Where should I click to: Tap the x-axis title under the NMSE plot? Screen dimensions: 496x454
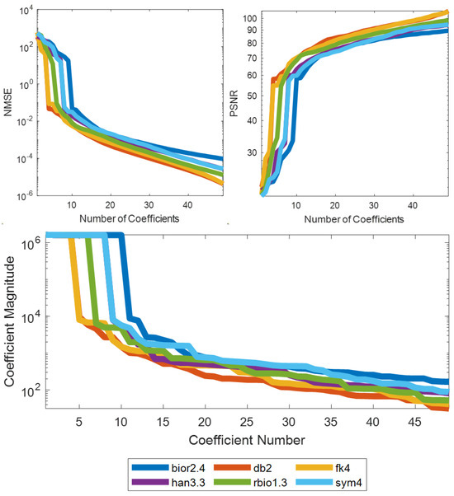coord(122,220)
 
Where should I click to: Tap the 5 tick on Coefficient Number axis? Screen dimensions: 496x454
coord(79,421)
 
